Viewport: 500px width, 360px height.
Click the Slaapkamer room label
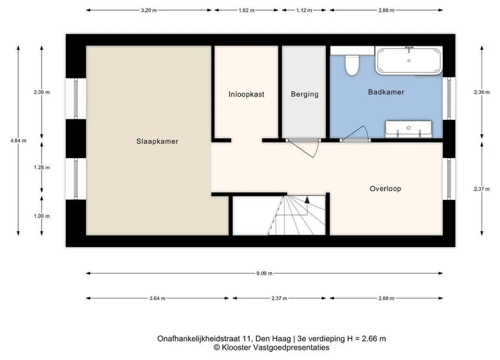[157, 141]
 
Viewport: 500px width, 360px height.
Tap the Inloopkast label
[246, 94]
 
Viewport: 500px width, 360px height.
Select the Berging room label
[304, 94]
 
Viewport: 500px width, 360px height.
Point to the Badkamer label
[386, 92]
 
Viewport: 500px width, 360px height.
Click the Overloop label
[385, 189]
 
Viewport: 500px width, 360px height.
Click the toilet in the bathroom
[352, 65]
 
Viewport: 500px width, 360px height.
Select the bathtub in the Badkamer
[408, 61]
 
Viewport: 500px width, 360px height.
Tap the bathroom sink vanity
[408, 129]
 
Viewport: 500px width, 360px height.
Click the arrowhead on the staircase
[307, 200]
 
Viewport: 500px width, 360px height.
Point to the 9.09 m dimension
[264, 273]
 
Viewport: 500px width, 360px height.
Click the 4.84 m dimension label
[18, 141]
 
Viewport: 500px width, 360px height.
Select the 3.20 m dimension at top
[148, 10]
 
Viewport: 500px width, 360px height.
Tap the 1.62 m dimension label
[246, 10]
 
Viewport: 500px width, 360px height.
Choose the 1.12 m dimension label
[304, 10]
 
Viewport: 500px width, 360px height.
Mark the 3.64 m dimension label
[158, 298]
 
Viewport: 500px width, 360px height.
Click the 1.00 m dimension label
[42, 216]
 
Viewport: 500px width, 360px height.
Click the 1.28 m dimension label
[42, 167]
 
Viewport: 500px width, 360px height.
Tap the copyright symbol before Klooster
[217, 348]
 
